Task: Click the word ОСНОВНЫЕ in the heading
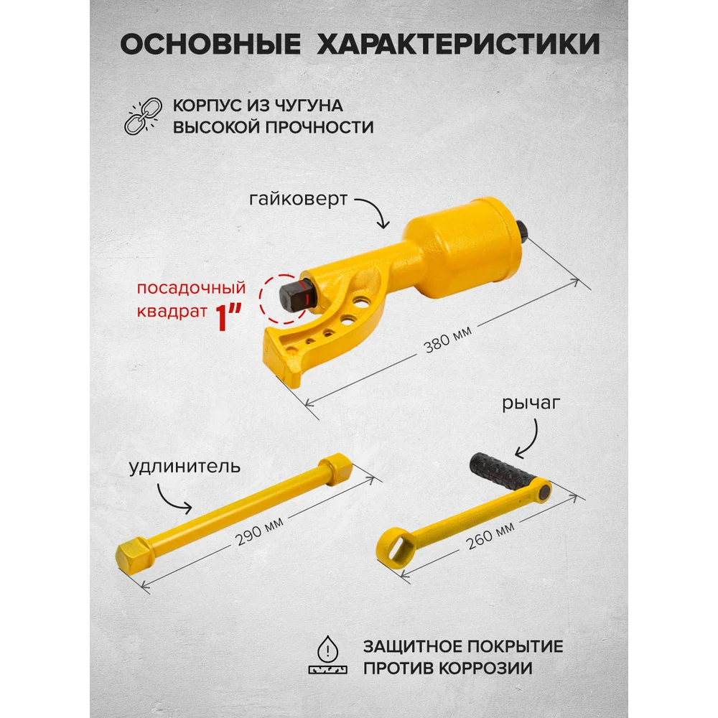[210, 45]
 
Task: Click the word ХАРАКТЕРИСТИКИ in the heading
[459, 45]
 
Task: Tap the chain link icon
[144, 116]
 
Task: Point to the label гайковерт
[298, 199]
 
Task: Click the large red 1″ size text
[228, 316]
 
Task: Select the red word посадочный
[192, 288]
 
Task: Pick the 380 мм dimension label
[447, 340]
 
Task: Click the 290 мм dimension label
[260, 531]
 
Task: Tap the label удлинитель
[185, 467]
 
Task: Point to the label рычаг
[531, 403]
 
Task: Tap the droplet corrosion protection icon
[328, 655]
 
